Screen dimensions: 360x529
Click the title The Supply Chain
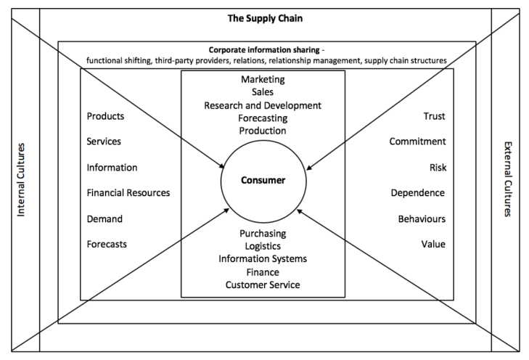tap(264, 17)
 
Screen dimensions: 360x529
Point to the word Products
tap(105, 116)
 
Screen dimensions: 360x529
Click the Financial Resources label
tap(128, 193)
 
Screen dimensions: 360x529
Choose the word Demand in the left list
tap(104, 218)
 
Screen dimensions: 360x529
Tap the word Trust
tap(435, 116)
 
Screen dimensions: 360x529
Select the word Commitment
tap(417, 142)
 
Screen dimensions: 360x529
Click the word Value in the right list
tap(433, 244)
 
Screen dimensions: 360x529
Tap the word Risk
tap(437, 168)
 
